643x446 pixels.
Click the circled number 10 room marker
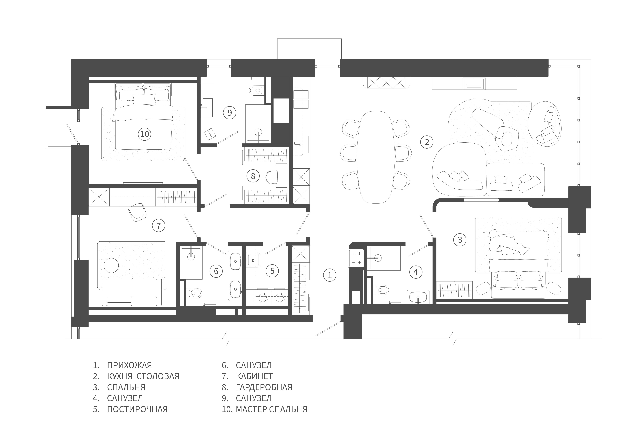[x=145, y=134]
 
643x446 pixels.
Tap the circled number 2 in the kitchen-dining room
[x=427, y=142]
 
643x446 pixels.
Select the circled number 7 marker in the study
[x=159, y=225]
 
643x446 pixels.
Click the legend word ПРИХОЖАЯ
[x=130, y=365]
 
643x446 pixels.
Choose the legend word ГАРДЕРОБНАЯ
[x=264, y=387]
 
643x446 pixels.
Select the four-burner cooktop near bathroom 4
[x=356, y=258]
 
